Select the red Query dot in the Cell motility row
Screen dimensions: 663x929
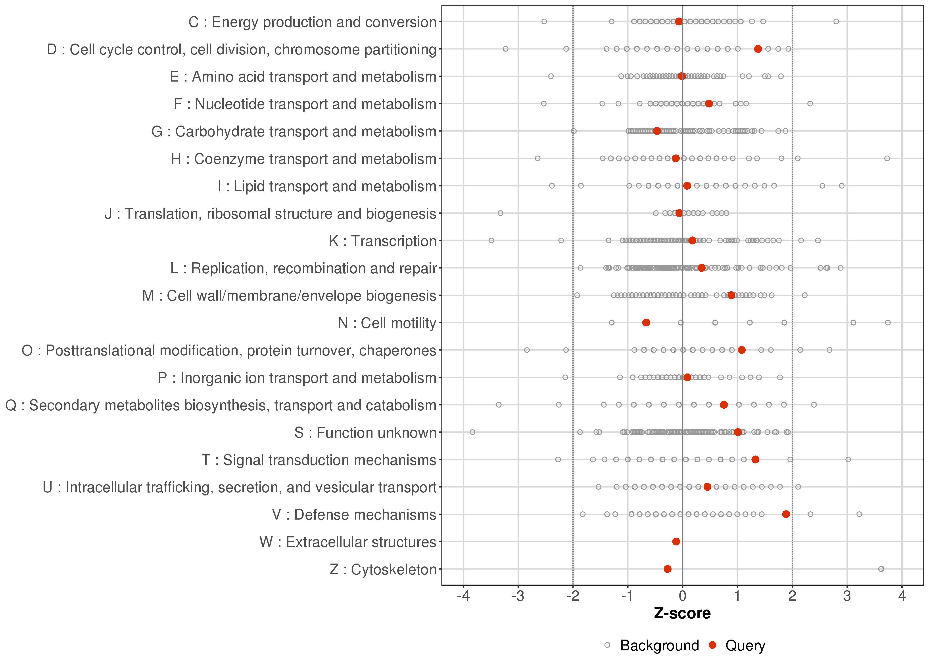646,322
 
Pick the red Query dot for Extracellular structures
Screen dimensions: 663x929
676,541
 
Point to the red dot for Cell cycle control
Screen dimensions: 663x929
758,49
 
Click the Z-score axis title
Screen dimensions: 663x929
682,613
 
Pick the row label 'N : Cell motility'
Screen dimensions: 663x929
387,323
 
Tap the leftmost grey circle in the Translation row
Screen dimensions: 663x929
501,213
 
